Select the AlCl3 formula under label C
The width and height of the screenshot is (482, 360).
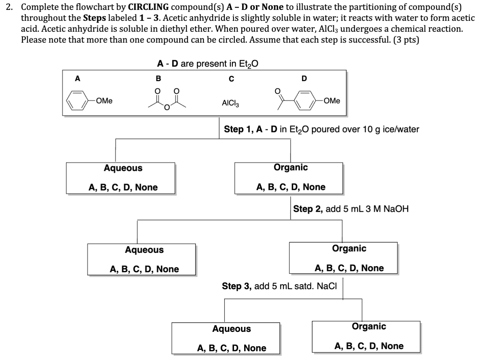(x=230, y=103)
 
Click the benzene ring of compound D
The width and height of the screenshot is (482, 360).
(x=305, y=101)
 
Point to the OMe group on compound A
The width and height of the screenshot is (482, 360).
(x=104, y=101)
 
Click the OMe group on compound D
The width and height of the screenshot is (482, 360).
(x=332, y=101)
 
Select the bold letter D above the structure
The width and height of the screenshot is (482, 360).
(x=304, y=79)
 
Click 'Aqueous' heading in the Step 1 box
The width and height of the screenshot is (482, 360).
(x=123, y=168)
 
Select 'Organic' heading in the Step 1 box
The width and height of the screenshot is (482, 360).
(x=291, y=167)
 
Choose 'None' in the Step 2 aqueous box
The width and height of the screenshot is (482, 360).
(x=167, y=269)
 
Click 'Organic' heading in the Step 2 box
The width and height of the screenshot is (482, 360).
(x=349, y=248)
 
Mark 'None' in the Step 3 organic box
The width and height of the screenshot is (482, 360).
(x=392, y=346)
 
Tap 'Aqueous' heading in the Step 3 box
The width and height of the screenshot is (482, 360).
(x=231, y=329)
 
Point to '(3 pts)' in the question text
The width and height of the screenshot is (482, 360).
(x=406, y=39)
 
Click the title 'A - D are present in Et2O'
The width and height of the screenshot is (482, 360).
(x=208, y=64)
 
